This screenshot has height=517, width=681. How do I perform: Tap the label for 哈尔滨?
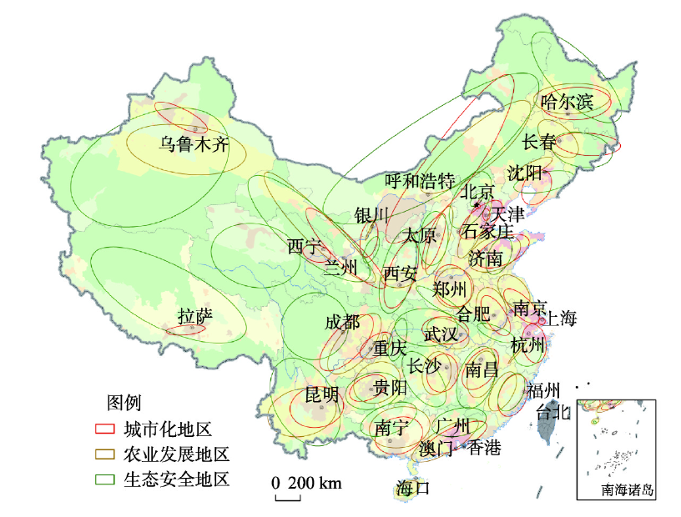567,103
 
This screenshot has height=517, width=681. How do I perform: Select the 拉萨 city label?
195,316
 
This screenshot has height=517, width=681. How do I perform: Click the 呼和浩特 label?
419,181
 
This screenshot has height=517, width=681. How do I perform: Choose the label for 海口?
412,488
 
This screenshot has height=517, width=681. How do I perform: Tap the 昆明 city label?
322,394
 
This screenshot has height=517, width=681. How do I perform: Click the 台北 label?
553,411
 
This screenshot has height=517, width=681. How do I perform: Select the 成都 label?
342,323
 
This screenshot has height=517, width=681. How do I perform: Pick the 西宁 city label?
305,247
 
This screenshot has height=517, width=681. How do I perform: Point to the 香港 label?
484,449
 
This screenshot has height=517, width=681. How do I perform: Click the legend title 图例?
124,404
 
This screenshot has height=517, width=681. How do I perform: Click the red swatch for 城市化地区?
105,430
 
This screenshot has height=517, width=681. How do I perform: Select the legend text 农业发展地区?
175,455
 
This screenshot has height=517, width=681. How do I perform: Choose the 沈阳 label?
525,173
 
